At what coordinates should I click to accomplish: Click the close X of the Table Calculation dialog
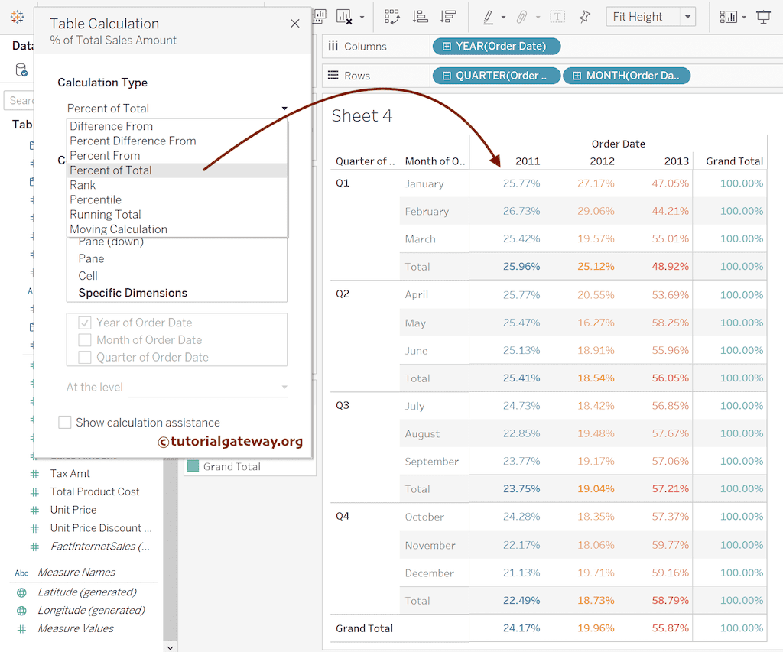(295, 24)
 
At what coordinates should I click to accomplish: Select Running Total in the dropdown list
(106, 215)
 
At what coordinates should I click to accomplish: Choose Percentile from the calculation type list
(96, 199)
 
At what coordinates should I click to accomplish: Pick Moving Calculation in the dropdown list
(119, 229)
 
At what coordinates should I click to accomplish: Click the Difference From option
(111, 126)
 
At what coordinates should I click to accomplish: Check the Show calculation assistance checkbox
(65, 423)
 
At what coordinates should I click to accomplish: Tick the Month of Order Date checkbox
(84, 340)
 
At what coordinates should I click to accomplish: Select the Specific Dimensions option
(132, 293)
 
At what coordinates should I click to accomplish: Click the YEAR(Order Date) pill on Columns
(496, 47)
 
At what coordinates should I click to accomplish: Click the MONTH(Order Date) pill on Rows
(627, 76)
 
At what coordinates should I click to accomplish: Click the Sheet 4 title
(362, 116)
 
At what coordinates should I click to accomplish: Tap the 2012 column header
(602, 161)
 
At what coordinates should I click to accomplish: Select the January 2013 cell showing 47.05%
(671, 183)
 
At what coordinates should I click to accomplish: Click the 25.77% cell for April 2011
(521, 295)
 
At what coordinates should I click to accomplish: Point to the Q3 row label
(343, 405)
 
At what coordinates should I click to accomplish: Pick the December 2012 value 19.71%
(596, 573)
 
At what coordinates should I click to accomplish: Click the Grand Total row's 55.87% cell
(671, 628)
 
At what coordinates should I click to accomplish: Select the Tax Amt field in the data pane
(70, 474)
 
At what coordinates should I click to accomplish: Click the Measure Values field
(76, 628)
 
